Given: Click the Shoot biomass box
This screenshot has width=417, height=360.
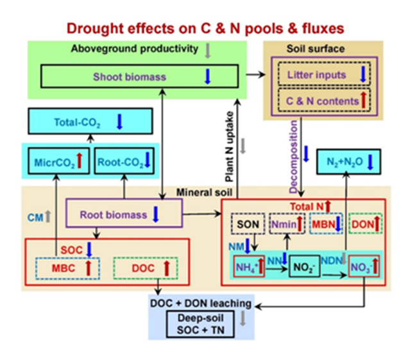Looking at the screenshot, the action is click(x=139, y=76).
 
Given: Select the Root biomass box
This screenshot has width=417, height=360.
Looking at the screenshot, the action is click(x=124, y=213).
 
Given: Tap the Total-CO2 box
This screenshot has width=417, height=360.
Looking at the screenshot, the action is click(x=90, y=121).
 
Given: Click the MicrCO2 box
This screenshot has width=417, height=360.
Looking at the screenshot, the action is click(x=58, y=161).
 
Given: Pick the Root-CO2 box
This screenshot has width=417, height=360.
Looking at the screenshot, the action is click(x=124, y=161).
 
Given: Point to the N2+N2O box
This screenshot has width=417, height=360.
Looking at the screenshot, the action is click(x=348, y=162).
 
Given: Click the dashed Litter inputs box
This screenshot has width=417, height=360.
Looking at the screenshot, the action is click(x=324, y=74).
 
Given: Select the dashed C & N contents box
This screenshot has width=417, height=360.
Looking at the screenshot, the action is click(x=324, y=100).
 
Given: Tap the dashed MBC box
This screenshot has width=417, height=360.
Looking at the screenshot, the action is click(x=67, y=268).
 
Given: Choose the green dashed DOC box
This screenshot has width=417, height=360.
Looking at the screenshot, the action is click(x=146, y=268).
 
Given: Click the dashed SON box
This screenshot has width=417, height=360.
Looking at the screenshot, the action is click(x=248, y=224).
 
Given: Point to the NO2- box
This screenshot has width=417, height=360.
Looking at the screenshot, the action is click(x=304, y=266).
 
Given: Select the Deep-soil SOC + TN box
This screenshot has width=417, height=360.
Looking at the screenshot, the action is click(x=200, y=324).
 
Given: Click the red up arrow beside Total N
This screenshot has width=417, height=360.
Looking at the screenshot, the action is click(x=328, y=207).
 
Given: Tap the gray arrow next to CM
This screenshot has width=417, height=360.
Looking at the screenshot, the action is click(x=48, y=216).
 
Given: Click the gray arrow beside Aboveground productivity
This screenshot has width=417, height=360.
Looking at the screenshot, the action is click(x=208, y=51).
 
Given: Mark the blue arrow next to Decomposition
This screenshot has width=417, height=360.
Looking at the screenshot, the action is click(x=306, y=154).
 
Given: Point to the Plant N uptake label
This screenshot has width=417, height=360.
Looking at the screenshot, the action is click(x=229, y=147).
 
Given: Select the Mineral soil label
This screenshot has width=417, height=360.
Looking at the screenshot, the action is click(x=204, y=193).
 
